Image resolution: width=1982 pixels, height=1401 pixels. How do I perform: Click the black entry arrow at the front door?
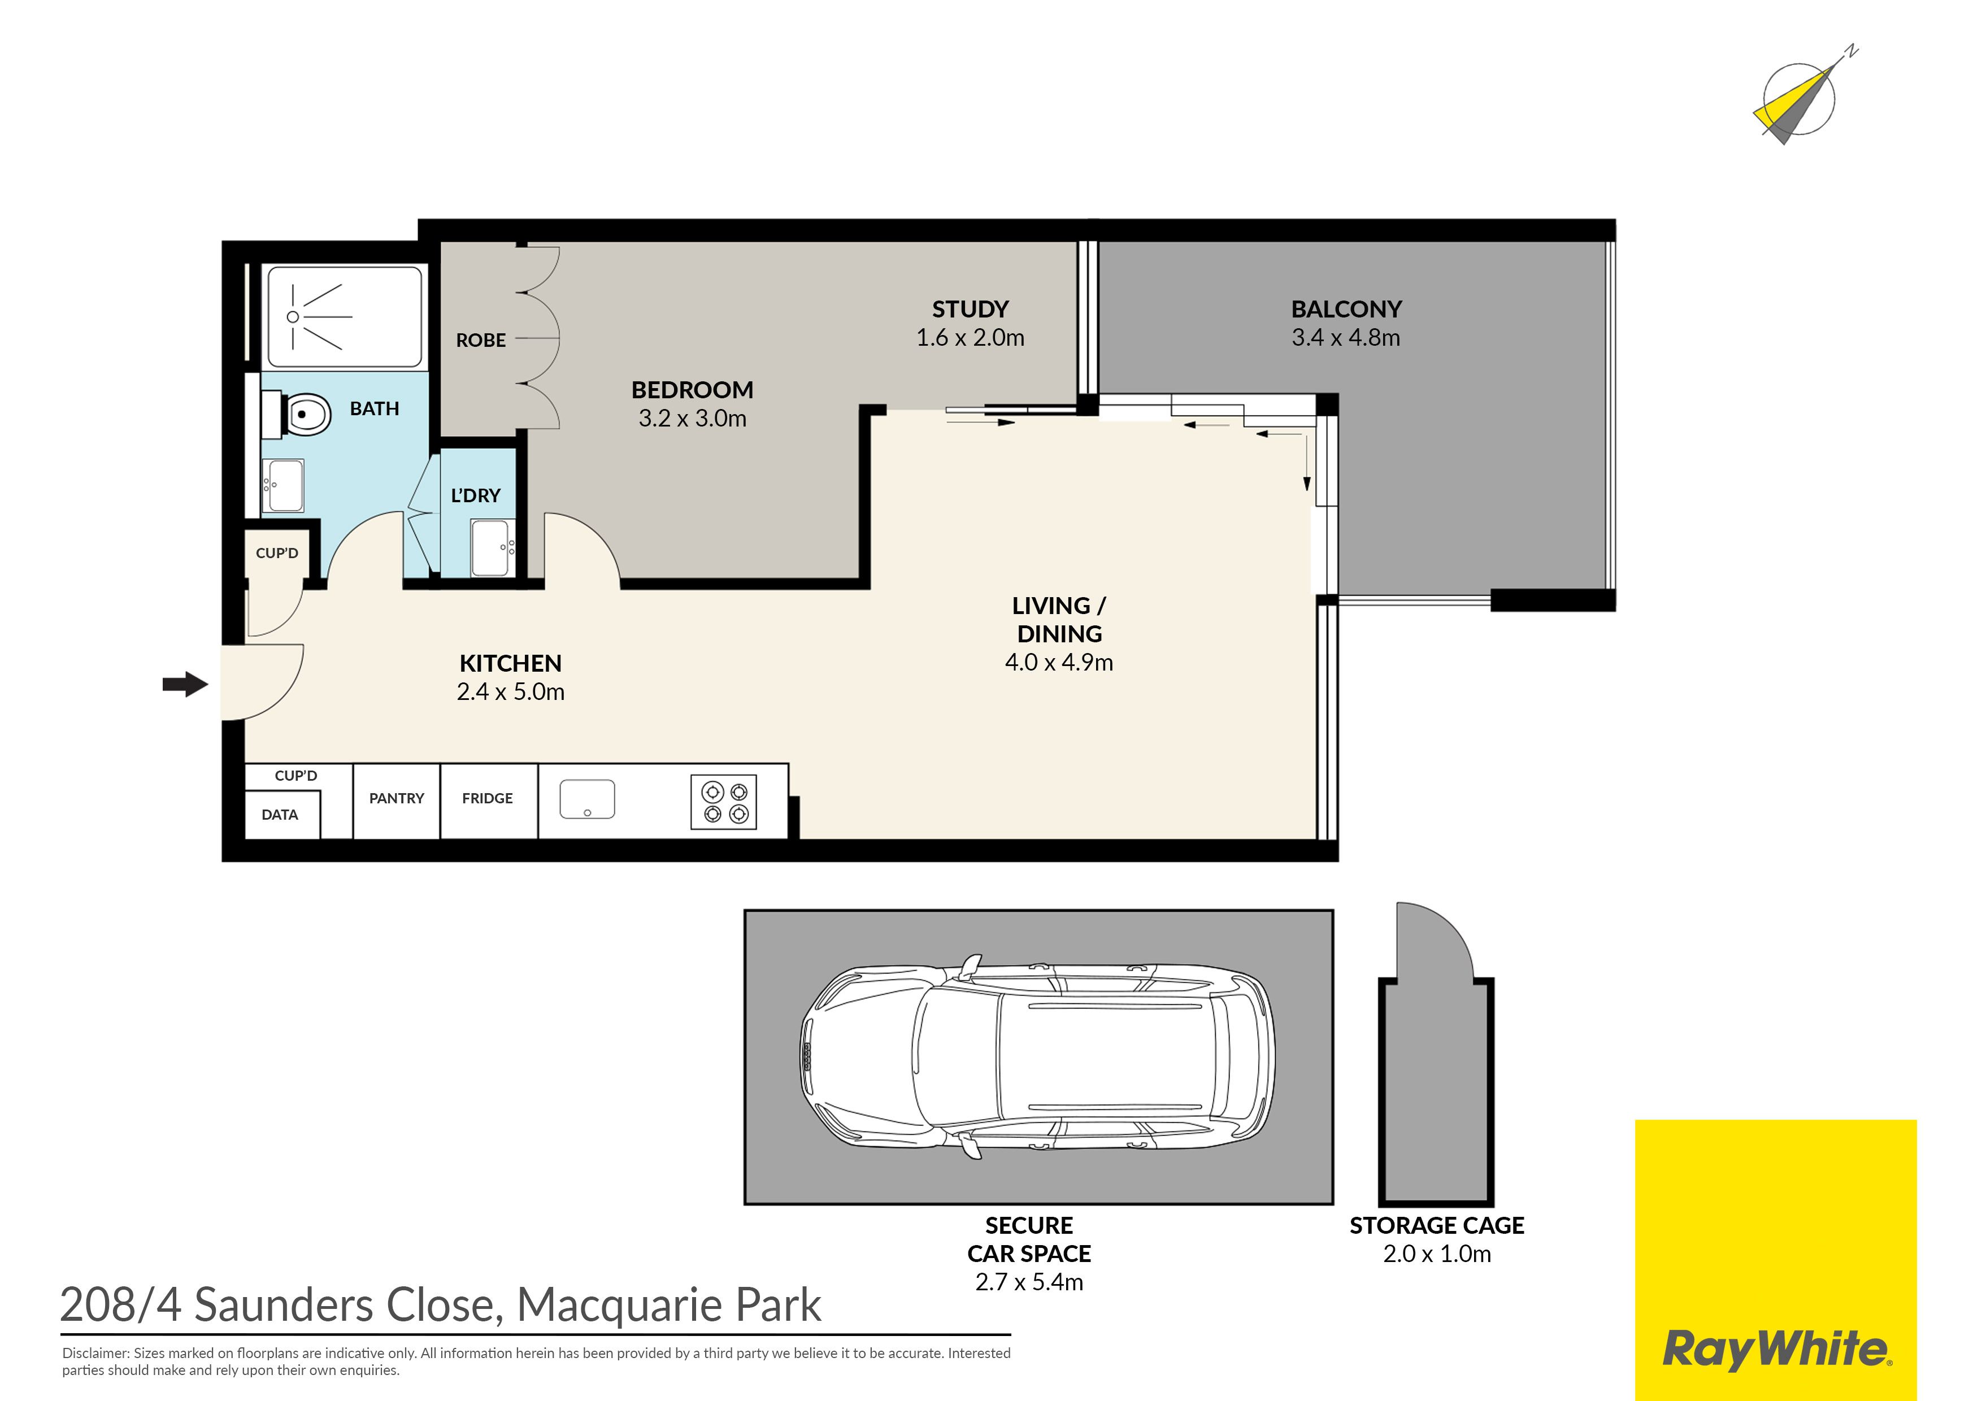[185, 685]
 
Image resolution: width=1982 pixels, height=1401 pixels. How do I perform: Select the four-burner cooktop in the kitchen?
[723, 803]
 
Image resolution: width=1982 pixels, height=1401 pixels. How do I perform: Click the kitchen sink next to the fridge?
[587, 799]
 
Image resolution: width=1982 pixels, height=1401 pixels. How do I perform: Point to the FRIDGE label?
[487, 798]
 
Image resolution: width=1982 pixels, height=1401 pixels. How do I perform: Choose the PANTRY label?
[396, 798]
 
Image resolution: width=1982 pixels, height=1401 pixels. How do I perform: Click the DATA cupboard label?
[280, 815]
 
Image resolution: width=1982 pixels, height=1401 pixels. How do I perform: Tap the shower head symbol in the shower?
[293, 317]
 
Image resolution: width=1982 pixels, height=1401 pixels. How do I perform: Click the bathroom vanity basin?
[283, 485]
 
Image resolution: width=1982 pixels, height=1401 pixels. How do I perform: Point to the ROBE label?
[481, 340]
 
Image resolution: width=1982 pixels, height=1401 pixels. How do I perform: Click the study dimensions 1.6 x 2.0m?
[970, 337]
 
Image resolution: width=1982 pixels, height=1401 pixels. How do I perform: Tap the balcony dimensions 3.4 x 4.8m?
[1346, 337]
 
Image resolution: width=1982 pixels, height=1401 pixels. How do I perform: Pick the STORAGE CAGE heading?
[1436, 1226]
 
